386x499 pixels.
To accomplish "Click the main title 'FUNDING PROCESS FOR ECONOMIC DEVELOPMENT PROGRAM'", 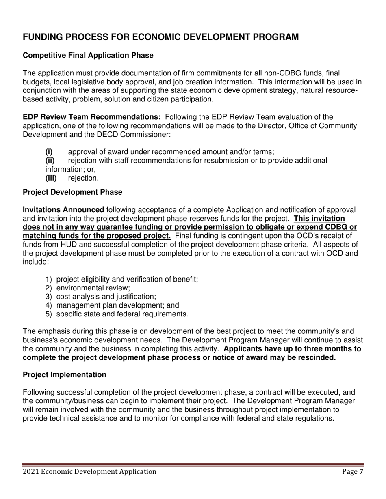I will tap(161, 37).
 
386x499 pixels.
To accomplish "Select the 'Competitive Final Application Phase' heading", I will tap(88, 56).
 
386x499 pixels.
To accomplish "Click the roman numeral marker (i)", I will tap(49, 152).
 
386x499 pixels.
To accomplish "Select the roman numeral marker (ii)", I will tap(50, 161).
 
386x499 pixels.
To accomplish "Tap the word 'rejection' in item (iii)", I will tap(83, 178).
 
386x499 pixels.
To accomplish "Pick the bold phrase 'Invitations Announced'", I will tap(63, 210).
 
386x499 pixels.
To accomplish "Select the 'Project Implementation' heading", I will tap(65, 375).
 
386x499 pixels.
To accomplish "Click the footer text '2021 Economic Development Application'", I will tap(89, 471).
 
